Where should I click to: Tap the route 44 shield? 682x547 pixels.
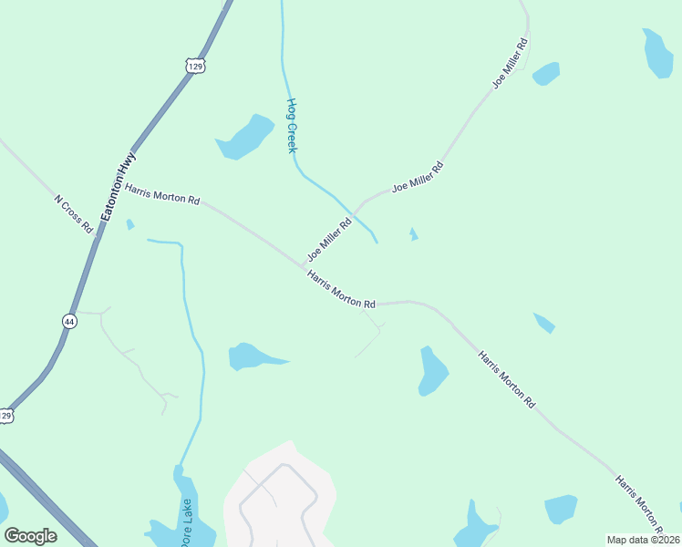pos(70,321)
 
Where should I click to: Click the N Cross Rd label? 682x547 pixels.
pos(74,213)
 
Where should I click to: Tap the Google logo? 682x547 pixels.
pos(30,536)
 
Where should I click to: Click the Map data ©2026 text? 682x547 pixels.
pos(643,540)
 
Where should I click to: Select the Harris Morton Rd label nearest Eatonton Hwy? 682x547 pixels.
pos(162,193)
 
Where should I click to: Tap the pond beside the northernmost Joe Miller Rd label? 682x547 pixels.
pos(546,73)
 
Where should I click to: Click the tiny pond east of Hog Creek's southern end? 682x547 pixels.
pos(413,234)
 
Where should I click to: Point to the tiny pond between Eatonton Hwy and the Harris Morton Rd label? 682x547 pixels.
pos(130,224)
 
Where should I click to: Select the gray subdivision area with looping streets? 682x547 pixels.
pos(280,497)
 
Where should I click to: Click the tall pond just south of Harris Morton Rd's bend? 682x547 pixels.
pos(432,371)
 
